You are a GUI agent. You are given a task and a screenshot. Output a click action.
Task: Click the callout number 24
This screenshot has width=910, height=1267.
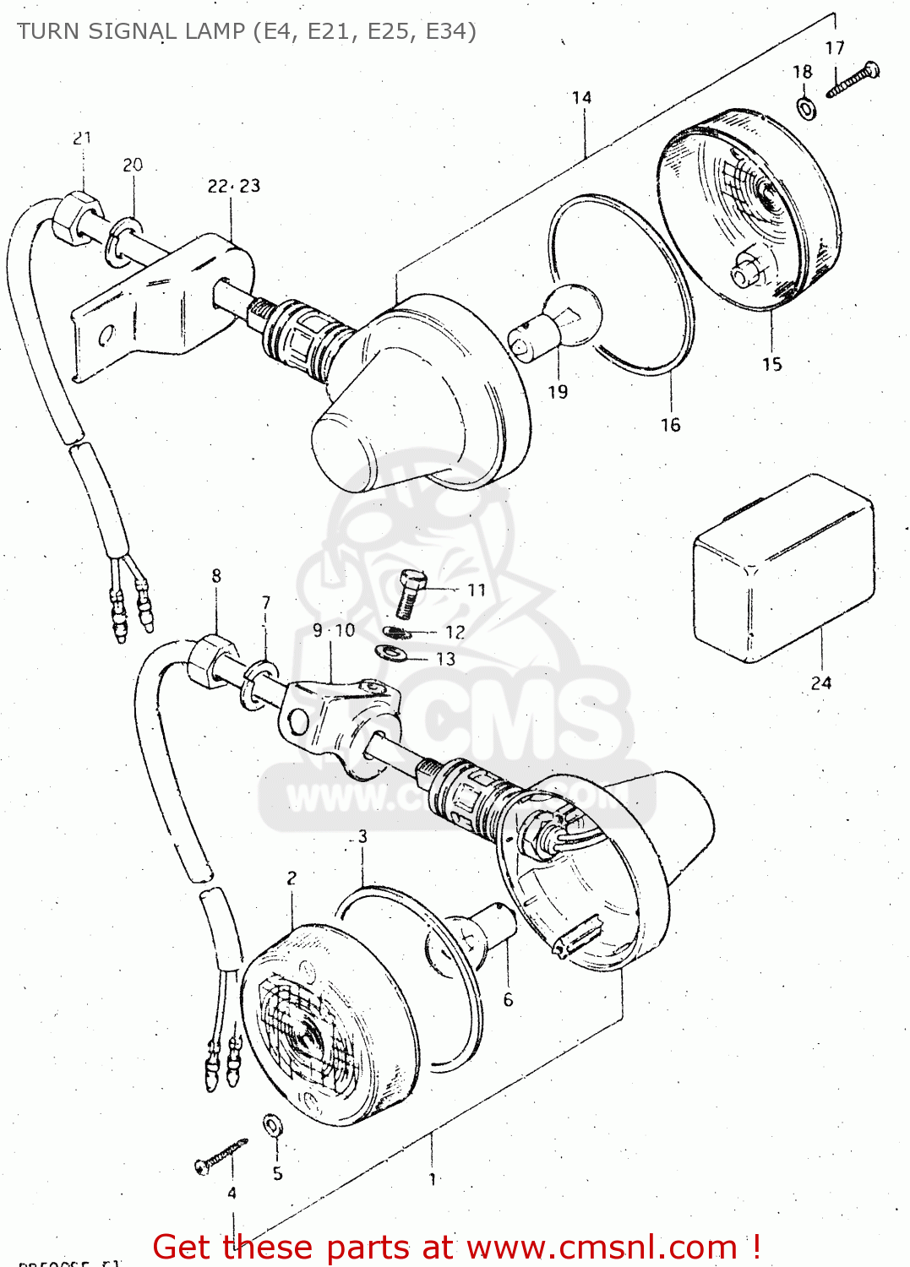click(x=820, y=682)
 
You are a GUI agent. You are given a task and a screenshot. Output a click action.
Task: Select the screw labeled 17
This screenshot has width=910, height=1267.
click(x=853, y=80)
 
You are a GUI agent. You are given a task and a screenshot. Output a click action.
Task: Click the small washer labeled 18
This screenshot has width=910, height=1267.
click(x=806, y=108)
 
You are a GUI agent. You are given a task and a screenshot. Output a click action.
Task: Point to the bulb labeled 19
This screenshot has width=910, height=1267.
click(x=560, y=322)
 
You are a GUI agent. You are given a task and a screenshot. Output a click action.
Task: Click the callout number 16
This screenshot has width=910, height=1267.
click(x=670, y=425)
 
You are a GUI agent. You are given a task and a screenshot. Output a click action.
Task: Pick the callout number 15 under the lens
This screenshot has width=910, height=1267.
click(x=771, y=364)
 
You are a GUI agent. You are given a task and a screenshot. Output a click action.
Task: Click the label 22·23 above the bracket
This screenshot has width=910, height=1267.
click(x=234, y=186)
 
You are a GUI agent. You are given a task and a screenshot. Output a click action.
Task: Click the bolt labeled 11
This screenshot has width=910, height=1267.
click(x=410, y=592)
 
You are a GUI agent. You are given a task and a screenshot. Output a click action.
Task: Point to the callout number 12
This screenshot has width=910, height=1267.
click(x=455, y=632)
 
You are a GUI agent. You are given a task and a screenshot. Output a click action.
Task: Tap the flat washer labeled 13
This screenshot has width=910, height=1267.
click(x=390, y=652)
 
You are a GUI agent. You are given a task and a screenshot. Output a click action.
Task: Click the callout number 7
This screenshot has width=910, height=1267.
click(x=266, y=602)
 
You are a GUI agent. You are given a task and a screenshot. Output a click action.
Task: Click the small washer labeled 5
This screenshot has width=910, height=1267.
click(x=273, y=1125)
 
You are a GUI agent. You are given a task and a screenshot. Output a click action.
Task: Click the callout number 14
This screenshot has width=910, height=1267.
click(x=581, y=98)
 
